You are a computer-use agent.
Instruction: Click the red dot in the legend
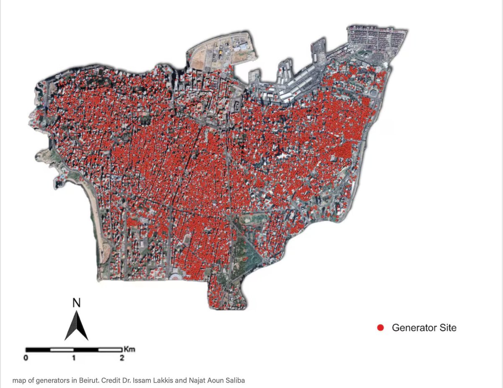coord(381,328)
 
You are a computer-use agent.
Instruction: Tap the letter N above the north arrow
coord(76,303)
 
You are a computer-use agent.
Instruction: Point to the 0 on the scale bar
coord(26,358)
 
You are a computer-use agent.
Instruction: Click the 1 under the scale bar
coord(74,358)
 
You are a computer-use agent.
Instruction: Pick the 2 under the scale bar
coord(122,358)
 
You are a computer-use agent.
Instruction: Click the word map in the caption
coord(18,380)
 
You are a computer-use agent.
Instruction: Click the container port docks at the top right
coord(369,40)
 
